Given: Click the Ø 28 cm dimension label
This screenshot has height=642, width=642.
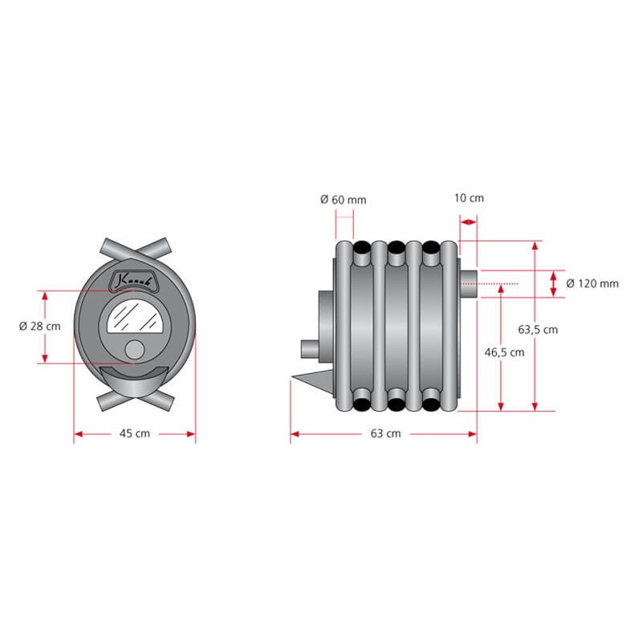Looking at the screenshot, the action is [39, 327].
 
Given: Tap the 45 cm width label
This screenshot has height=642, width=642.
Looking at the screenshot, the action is [135, 433].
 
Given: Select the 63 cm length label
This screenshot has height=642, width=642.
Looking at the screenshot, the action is [386, 433].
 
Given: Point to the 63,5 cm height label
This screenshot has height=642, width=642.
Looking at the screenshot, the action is [538, 330].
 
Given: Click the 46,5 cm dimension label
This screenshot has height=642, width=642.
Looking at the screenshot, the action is [505, 352].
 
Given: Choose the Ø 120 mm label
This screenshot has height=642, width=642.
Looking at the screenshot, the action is [592, 283].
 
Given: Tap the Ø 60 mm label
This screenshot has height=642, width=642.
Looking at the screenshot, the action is [343, 200].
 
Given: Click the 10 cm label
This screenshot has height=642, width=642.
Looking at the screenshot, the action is [469, 198].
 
